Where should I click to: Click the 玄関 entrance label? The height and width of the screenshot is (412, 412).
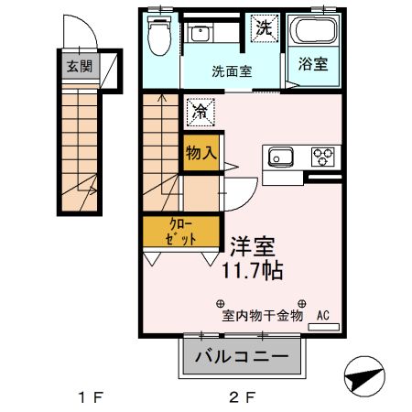79,66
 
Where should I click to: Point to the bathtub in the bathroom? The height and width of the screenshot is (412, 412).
314,35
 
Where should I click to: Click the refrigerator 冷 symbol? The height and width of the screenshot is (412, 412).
200,111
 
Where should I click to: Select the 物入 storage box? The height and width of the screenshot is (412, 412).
201,152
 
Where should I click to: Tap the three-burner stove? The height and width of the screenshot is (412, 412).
324,157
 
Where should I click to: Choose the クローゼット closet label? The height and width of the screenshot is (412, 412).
181,232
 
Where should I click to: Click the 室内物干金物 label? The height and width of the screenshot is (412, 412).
260,317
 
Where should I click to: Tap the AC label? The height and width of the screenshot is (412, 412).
322,317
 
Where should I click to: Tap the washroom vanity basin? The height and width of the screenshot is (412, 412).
201,35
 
